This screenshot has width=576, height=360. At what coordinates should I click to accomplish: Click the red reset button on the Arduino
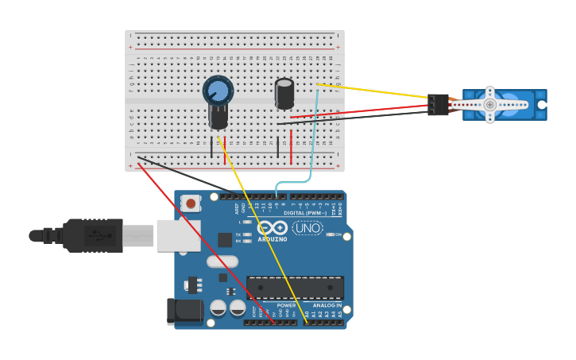(x=191, y=203)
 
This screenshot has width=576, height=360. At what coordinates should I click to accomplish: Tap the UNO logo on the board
(x=307, y=228)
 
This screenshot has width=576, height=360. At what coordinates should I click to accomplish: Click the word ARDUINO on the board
(x=272, y=238)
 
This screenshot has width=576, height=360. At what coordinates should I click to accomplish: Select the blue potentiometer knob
(x=218, y=90)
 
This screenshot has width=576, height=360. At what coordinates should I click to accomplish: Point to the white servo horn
(x=490, y=104)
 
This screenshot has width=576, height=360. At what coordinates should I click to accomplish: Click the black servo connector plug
(x=437, y=104)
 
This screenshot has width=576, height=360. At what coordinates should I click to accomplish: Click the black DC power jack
(x=184, y=311)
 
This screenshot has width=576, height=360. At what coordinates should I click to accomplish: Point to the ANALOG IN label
(x=327, y=305)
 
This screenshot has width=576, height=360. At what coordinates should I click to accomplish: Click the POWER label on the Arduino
(x=286, y=305)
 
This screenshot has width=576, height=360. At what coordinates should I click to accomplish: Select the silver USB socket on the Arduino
(x=178, y=235)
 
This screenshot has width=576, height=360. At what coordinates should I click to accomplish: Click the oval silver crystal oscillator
(x=222, y=261)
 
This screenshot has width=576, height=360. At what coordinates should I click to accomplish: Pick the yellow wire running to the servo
(x=373, y=91)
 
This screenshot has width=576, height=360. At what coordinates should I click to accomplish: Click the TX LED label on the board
(x=238, y=234)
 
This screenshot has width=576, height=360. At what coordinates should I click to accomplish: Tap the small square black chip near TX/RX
(x=225, y=239)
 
